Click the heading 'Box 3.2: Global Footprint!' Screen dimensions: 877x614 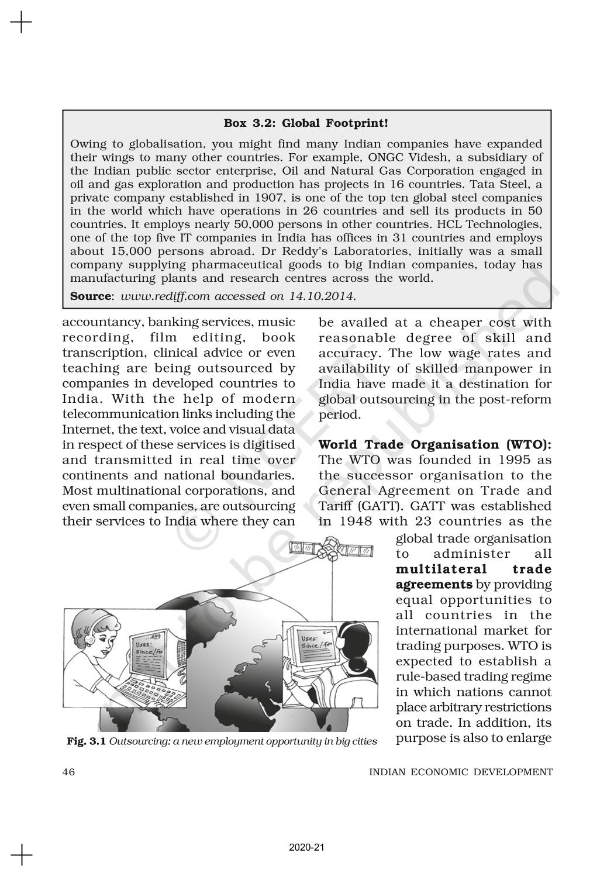[306, 123]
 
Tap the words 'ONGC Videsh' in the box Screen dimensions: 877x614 [403, 157]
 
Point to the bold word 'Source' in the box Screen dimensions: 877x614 [91, 296]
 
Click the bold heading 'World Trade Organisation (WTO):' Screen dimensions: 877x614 [434, 444]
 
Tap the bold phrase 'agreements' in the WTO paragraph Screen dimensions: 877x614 [434, 584]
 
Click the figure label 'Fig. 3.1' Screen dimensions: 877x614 [86, 741]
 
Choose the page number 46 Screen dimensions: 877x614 [68, 772]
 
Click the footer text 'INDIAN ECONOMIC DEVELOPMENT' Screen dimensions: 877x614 [461, 772]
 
